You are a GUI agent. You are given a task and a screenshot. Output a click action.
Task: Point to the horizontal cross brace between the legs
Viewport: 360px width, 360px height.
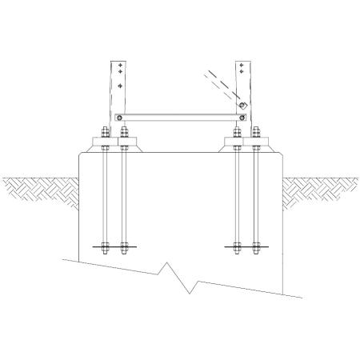pyautogui.click(x=179, y=117)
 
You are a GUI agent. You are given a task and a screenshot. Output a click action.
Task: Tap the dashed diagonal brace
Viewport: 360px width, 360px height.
pyautogui.click(x=218, y=86)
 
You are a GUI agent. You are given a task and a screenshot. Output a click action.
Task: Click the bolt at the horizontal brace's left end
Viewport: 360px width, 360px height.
pyautogui.click(x=118, y=117)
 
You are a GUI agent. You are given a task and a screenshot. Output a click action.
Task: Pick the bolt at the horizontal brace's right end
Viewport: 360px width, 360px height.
pyautogui.click(x=239, y=117)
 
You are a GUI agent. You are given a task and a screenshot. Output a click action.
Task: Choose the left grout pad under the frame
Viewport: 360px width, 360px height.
pyautogui.click(x=114, y=147)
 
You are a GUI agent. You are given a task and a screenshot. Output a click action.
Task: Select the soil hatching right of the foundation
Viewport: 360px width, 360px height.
pyautogui.click(x=320, y=187)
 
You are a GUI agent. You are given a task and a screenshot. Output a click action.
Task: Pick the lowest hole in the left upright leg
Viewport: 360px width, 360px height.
pyautogui.click(x=120, y=84)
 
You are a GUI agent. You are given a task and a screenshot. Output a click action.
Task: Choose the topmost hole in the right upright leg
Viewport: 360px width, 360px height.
pyautogui.click(x=241, y=64)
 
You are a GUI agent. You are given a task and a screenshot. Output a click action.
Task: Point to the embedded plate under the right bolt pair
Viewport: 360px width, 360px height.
pyautogui.click(x=246, y=246)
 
